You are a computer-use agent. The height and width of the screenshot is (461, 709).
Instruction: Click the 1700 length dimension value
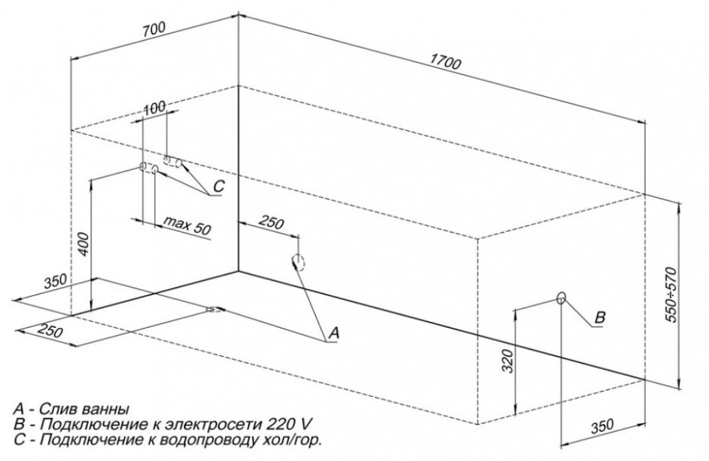445,62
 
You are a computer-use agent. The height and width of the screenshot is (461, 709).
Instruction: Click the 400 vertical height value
84,244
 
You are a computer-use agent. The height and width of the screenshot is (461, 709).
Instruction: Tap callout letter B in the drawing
599,317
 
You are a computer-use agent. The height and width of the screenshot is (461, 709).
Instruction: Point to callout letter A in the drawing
333,333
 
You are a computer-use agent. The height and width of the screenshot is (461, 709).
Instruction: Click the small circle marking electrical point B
561,297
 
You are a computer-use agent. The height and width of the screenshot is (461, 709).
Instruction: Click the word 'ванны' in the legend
106,409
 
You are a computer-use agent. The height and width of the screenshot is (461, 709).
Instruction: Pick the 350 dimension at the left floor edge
55,281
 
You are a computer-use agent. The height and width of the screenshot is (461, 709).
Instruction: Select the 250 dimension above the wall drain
271,223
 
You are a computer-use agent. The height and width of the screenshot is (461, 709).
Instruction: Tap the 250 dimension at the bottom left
49,331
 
